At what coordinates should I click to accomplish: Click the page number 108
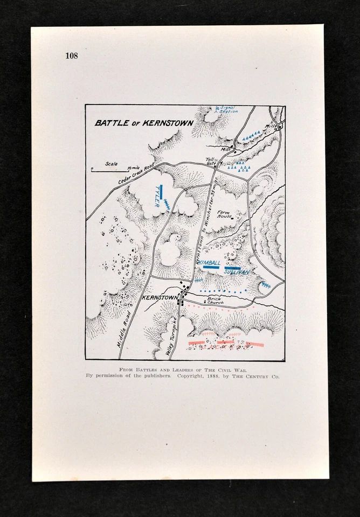click(71, 55)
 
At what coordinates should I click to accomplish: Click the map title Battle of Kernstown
click(144, 123)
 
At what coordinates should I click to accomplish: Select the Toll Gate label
click(211, 160)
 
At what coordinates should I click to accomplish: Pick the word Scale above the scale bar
click(112, 164)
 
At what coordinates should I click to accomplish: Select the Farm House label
click(224, 214)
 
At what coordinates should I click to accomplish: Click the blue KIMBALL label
click(210, 262)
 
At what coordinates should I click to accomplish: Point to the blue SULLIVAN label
click(236, 272)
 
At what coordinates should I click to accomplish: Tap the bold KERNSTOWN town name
click(160, 297)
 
